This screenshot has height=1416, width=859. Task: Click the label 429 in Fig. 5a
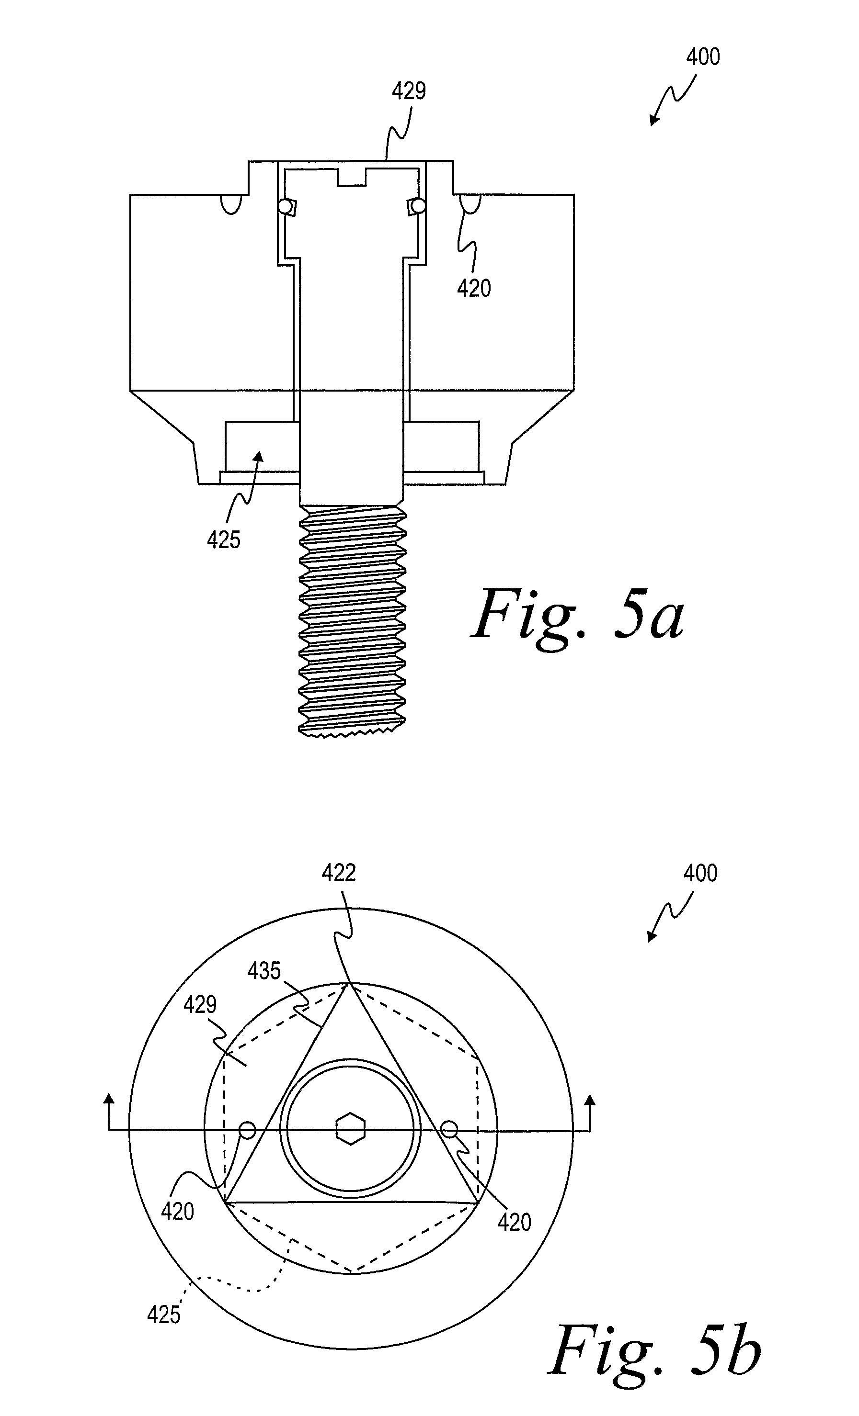(409, 91)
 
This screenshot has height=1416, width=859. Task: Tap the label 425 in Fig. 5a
(224, 539)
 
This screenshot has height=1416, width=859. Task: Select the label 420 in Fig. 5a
(474, 288)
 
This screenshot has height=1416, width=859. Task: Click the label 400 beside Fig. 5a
(703, 57)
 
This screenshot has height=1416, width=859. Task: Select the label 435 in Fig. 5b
(264, 971)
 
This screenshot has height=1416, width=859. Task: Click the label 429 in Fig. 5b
(201, 1004)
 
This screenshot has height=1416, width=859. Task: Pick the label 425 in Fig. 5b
(164, 1315)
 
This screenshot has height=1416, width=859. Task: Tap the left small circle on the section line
(247, 1130)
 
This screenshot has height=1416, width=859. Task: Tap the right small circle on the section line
(449, 1129)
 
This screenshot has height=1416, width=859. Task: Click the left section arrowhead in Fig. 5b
(108, 1099)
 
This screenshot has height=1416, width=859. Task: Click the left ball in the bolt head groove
(284, 206)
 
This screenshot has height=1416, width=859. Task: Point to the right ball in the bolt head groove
(419, 205)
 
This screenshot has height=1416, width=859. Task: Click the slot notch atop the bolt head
(351, 177)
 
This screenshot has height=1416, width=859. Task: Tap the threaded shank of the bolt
(352, 621)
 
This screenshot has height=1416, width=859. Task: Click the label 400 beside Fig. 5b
(700, 874)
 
